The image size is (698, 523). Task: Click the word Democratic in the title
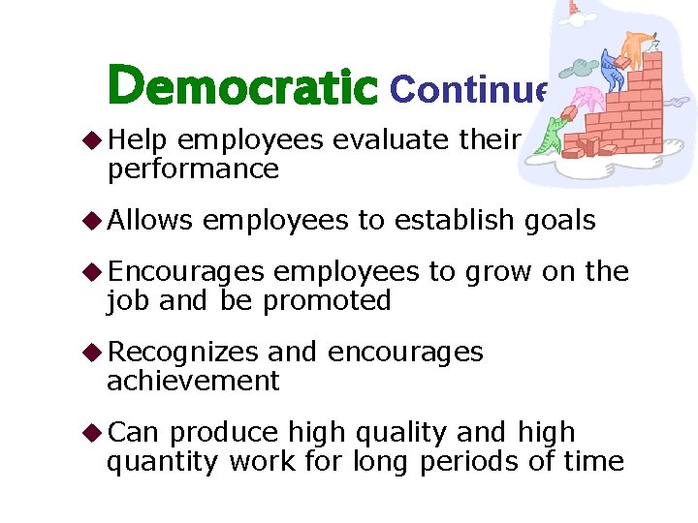point(242,86)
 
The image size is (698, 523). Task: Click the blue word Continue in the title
point(469,89)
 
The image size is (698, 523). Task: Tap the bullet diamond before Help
point(94,140)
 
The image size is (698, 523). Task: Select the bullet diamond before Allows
point(94,221)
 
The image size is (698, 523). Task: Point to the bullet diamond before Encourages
point(94,273)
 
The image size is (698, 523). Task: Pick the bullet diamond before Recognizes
point(94,353)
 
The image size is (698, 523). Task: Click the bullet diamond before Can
point(94,433)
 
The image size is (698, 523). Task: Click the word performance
point(192,169)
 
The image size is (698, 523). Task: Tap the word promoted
point(327,301)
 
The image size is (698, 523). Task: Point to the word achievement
point(193,382)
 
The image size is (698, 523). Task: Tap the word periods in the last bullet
point(469,462)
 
